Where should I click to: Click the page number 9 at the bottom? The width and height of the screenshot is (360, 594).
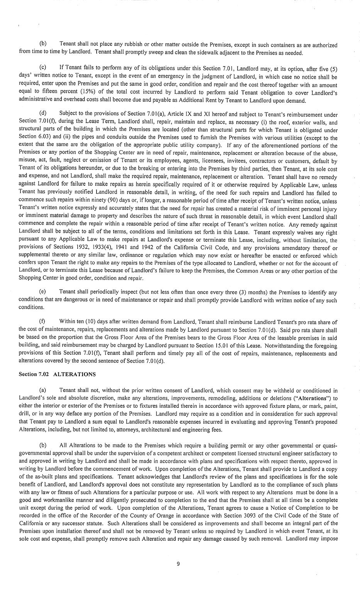[x=178, y=563]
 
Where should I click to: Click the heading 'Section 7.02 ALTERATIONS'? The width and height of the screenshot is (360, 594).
[x=57, y=374]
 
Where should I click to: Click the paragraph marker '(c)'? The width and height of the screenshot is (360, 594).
[x=43, y=69]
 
